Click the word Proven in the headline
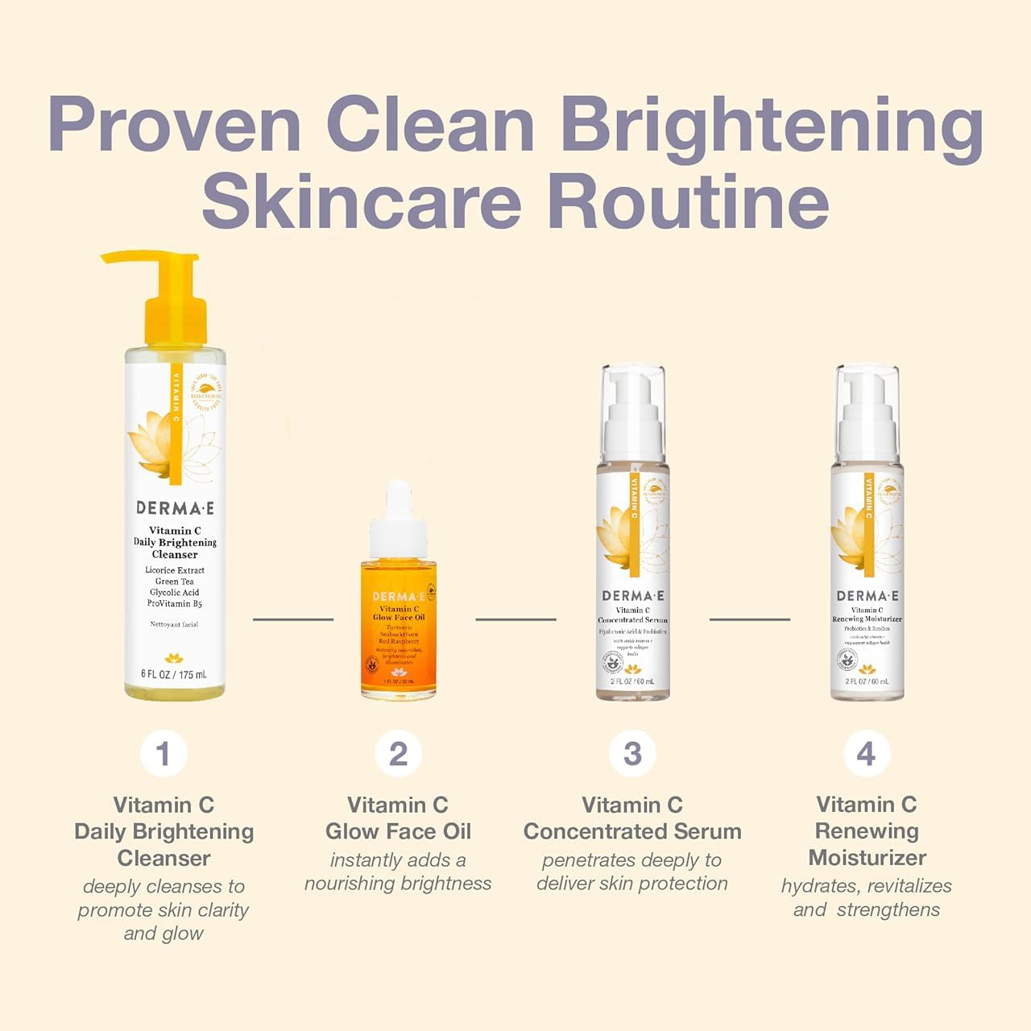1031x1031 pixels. [x=174, y=125]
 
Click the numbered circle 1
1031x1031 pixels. [x=164, y=754]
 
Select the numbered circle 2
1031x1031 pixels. [x=398, y=754]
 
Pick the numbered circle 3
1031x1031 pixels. [x=632, y=754]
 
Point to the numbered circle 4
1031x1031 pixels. [x=867, y=754]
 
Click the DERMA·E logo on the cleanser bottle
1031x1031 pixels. [x=175, y=508]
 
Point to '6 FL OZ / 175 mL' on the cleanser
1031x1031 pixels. [x=175, y=674]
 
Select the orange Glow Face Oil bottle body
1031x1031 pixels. [x=399, y=636]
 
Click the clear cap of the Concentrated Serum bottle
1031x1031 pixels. [x=633, y=411]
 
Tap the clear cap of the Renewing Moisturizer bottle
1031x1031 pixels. [x=867, y=411]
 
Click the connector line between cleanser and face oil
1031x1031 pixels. [x=293, y=619]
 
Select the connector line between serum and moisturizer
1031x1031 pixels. [x=750, y=619]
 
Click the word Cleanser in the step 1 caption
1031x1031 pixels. [x=164, y=858]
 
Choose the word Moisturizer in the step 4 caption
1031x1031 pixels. [x=867, y=858]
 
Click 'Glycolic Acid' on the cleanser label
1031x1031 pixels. [x=175, y=592]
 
